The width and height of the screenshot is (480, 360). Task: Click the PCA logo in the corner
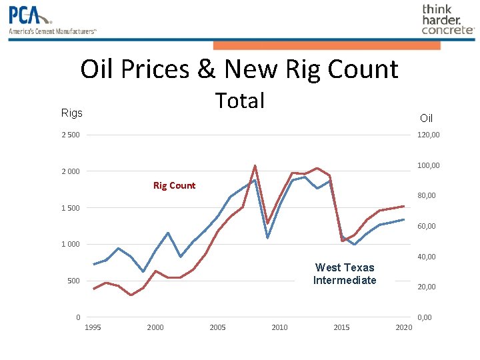tap(52, 19)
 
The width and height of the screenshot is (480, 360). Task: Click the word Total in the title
tap(240, 101)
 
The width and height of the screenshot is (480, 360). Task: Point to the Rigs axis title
tap(72, 113)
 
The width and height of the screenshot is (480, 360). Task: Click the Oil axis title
tap(426, 118)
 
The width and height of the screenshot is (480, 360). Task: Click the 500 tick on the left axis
tap(73, 281)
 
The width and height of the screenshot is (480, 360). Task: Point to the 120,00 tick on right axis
tap(428, 135)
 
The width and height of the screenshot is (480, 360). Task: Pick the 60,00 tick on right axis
tap(426, 226)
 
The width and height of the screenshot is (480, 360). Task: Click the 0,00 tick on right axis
tap(424, 317)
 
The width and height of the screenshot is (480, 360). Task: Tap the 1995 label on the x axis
tap(93, 327)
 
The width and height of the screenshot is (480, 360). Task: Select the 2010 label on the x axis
tap(279, 327)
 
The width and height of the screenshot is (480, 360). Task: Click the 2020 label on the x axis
tap(403, 327)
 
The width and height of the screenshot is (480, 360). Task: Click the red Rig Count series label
tap(174, 185)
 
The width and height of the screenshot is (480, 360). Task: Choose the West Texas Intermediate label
tap(345, 274)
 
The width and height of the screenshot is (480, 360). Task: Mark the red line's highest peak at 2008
tap(255, 165)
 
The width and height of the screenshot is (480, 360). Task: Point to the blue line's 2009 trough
tap(267, 237)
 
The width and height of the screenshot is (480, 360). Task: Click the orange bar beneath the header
tap(327, 45)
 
